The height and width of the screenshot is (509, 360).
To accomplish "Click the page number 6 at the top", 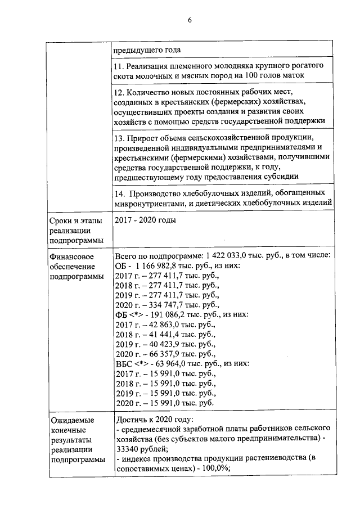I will (x=190, y=20).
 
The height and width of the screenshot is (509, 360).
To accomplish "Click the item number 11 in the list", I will (x=119, y=66).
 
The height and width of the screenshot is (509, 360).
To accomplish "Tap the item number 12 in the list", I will (x=119, y=91).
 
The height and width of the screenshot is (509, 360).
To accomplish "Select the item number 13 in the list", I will (x=119, y=138).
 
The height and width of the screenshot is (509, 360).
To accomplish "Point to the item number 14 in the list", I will (x=119, y=193).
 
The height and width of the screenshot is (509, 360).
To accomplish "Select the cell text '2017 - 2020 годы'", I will (x=145, y=220).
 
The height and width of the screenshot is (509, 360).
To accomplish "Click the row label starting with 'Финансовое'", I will (x=73, y=266).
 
